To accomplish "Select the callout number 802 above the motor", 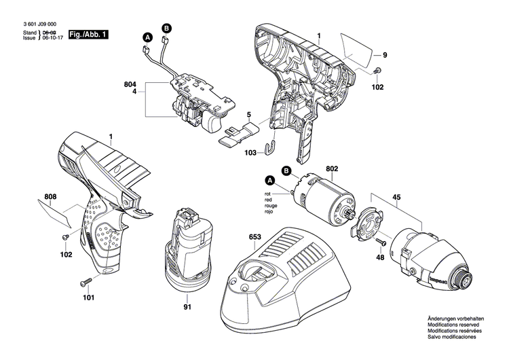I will (x=332, y=168).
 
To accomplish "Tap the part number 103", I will (x=250, y=154).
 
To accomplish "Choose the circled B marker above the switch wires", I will (x=166, y=27).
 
